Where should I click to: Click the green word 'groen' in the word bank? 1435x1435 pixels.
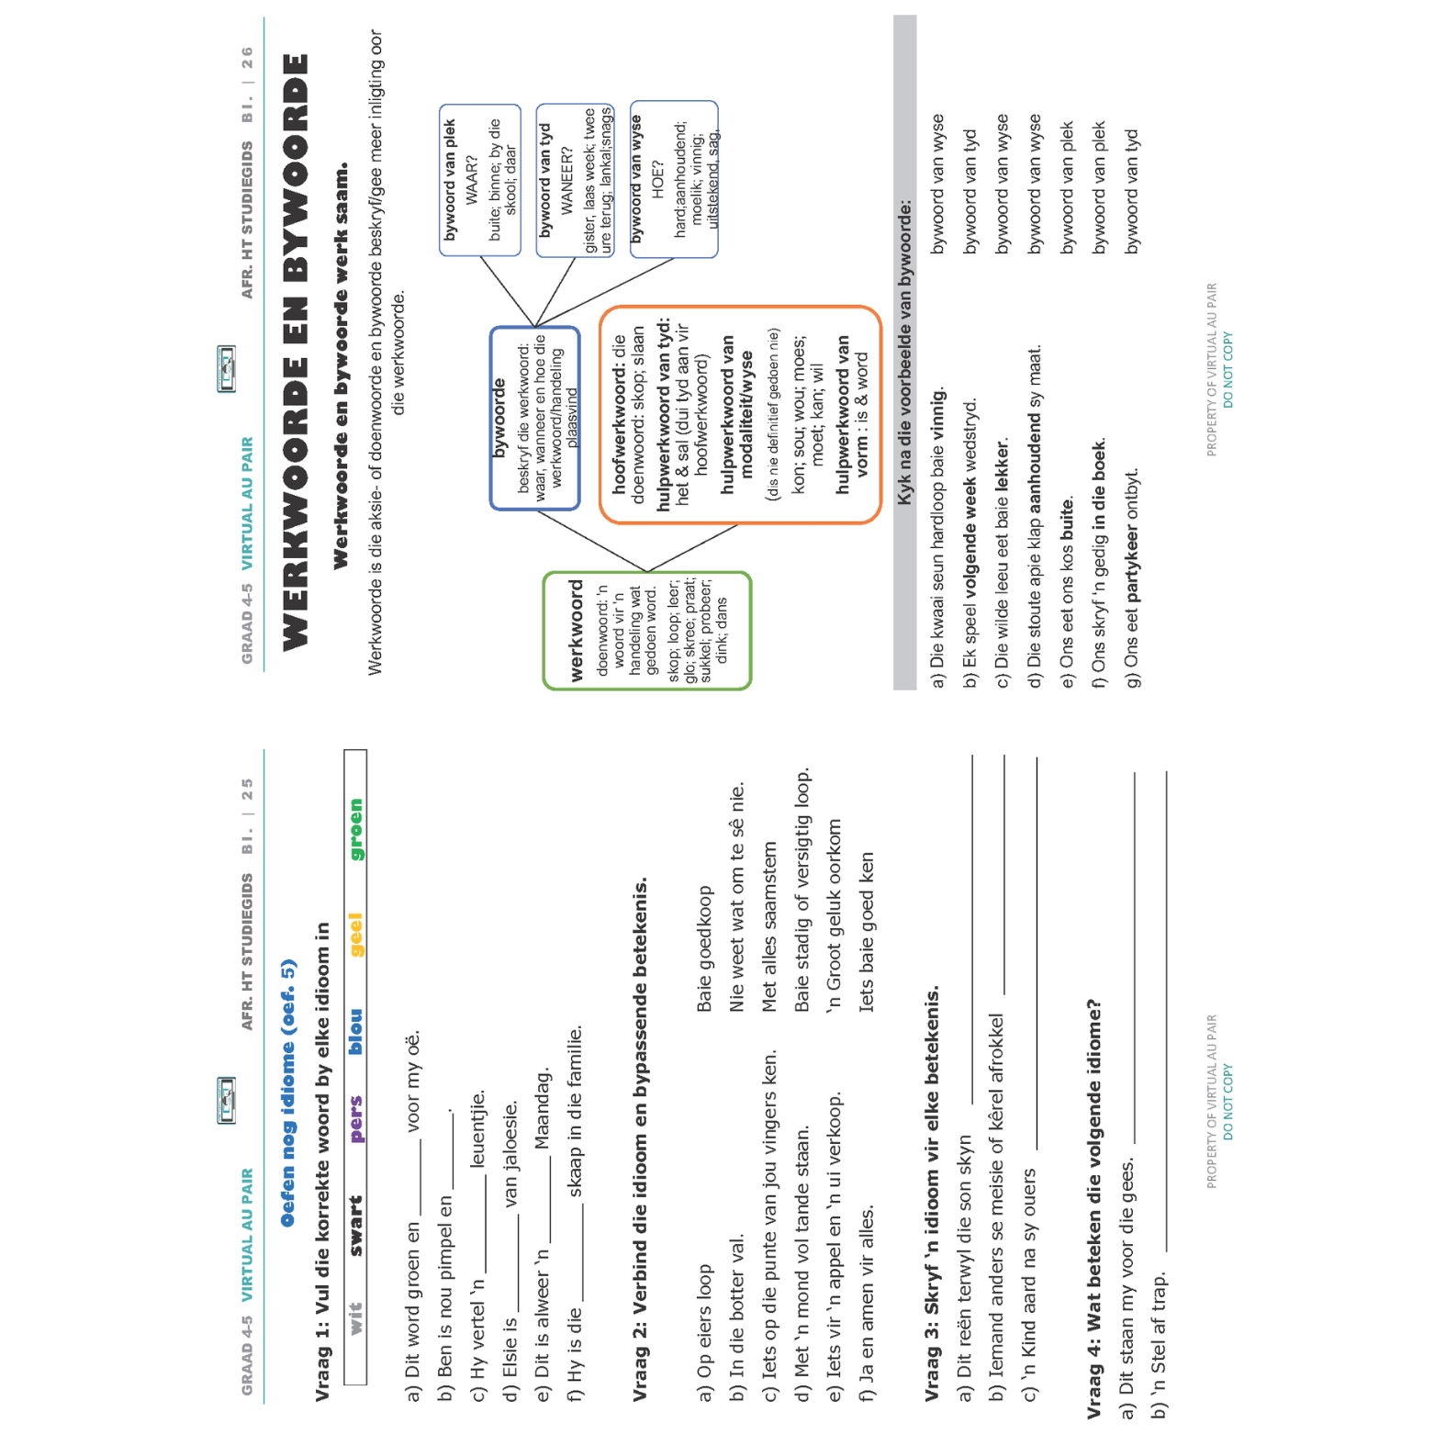[356, 829]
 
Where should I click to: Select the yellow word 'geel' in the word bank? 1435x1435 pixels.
[356, 935]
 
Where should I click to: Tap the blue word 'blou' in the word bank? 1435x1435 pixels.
[356, 1031]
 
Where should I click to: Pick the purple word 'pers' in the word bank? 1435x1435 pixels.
[356, 1119]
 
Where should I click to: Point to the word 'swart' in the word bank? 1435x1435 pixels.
[356, 1226]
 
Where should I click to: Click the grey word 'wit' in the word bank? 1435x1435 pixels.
[356, 1317]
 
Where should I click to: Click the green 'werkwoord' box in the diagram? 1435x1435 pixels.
[646, 631]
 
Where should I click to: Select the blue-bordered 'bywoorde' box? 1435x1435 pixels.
[534, 418]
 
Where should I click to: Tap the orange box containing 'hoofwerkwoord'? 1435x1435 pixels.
[739, 415]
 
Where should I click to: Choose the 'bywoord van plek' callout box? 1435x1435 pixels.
[479, 180]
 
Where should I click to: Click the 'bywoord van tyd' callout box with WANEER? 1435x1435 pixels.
[575, 181]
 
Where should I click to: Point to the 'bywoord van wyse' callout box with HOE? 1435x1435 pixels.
[674, 179]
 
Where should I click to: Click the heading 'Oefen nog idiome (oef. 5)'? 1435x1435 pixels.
[288, 1093]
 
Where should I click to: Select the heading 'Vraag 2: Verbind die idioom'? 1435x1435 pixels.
[640, 1138]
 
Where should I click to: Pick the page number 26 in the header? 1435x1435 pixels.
[247, 58]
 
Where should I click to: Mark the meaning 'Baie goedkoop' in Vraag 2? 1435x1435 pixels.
[704, 948]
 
